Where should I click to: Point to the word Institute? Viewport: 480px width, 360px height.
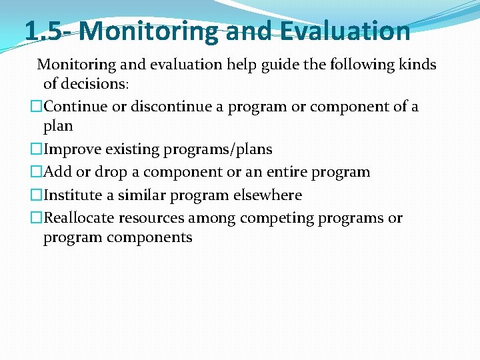click(x=72, y=195)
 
